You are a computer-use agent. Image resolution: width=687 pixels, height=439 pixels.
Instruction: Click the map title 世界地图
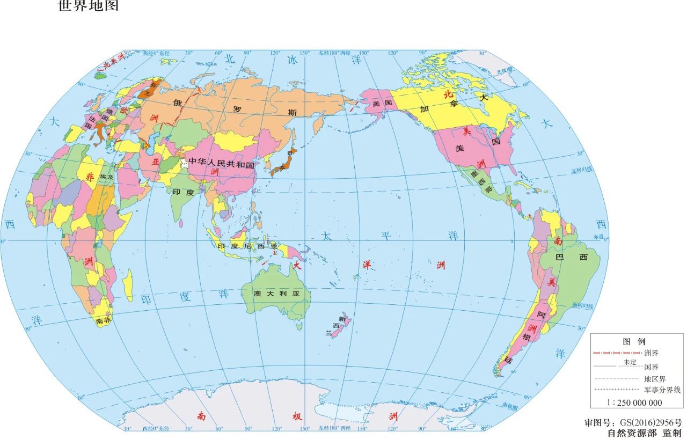coord(88,6)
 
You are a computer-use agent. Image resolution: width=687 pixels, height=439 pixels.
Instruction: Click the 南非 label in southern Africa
coord(103,320)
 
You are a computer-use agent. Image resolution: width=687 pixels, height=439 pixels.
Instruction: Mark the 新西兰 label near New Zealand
coord(337,325)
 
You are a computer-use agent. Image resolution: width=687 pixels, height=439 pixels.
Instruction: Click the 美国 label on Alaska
coord(383,103)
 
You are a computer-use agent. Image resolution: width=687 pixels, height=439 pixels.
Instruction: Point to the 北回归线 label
coord(582,170)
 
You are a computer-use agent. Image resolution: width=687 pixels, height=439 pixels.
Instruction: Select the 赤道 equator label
coord(598,236)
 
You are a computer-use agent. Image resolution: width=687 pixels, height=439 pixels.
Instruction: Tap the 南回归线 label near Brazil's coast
coord(583,305)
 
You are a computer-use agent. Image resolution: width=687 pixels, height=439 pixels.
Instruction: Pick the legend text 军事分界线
coord(662,390)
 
